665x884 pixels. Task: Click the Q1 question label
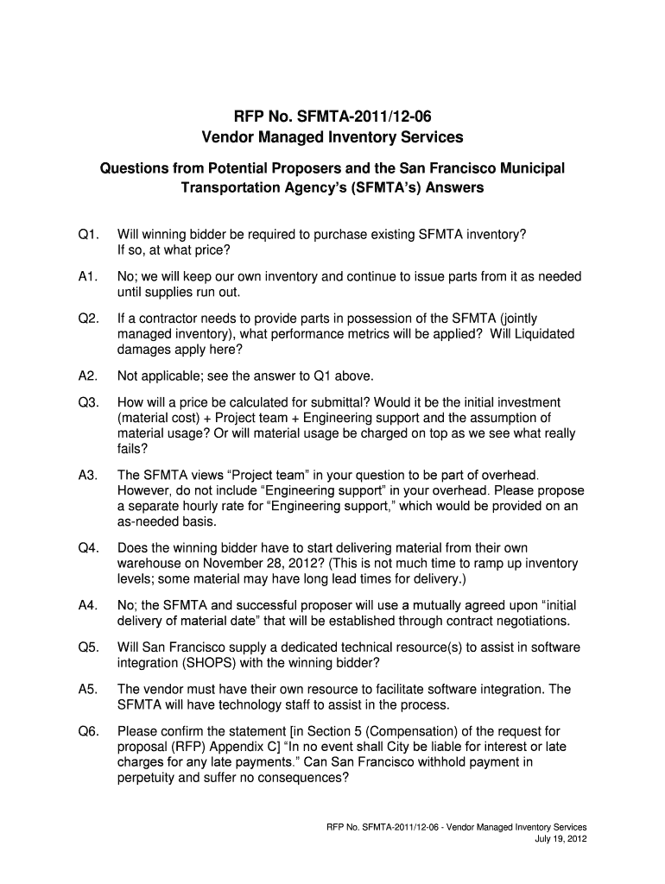point(88,235)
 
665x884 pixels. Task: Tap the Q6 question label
point(88,730)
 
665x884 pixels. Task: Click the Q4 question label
point(88,548)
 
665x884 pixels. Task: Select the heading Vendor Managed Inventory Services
point(332,137)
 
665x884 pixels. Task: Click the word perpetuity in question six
point(150,777)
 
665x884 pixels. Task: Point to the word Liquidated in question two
point(532,334)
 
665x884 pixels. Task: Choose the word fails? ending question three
point(132,449)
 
